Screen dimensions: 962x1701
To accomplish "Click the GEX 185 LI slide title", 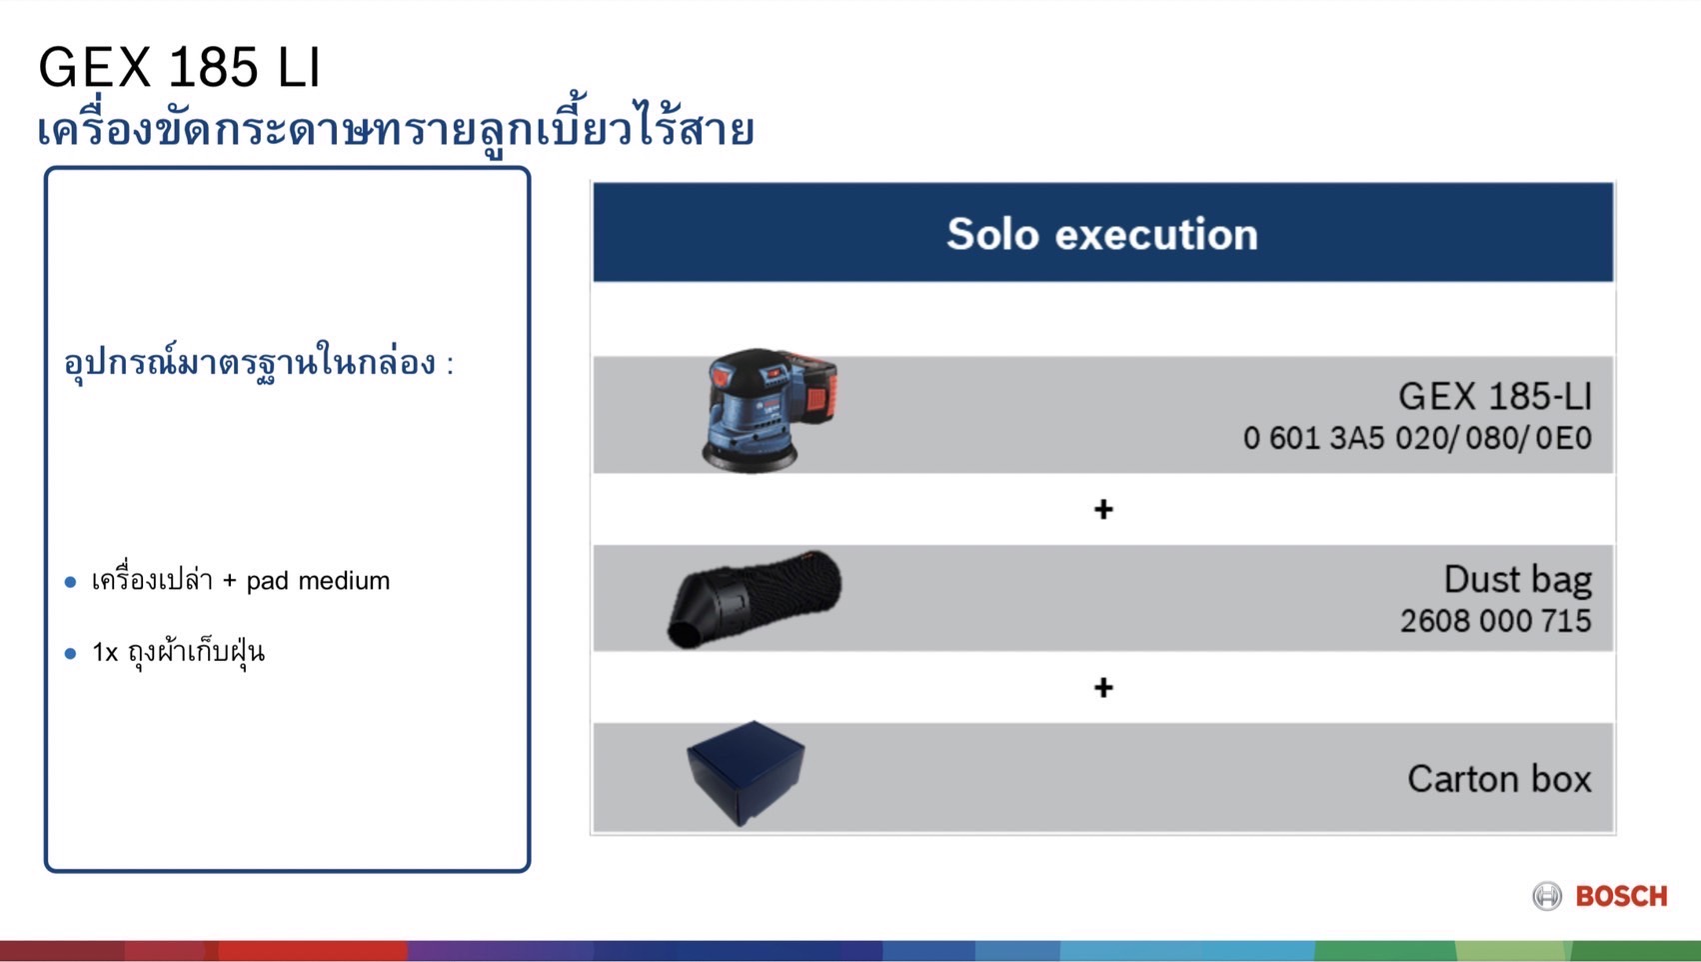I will tap(179, 68).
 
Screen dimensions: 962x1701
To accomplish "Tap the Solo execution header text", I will tap(1101, 234).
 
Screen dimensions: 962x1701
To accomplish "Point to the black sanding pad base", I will tap(751, 459).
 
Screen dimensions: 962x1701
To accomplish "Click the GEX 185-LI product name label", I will tap(1494, 397).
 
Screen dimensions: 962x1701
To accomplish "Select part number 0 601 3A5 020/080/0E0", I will tap(1416, 438).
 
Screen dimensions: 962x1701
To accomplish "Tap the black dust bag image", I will tap(755, 597).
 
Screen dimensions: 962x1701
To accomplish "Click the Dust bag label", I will tap(1517, 579).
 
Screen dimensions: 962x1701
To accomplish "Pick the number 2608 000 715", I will tap(1494, 621).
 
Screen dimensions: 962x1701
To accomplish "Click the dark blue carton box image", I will tap(746, 773).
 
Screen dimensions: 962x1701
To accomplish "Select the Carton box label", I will tap(1498, 779).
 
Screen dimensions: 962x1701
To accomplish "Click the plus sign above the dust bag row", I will tap(1103, 510).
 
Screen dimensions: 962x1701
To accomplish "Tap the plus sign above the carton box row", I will tap(1103, 688).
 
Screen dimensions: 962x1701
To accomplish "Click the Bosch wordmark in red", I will tap(1621, 896).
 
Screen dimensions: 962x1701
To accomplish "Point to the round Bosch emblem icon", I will tap(1547, 896).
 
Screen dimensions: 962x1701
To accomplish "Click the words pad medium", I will tap(318, 581).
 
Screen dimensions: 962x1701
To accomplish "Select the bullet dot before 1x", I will tap(70, 654).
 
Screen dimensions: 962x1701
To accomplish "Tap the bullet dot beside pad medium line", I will tap(70, 582).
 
